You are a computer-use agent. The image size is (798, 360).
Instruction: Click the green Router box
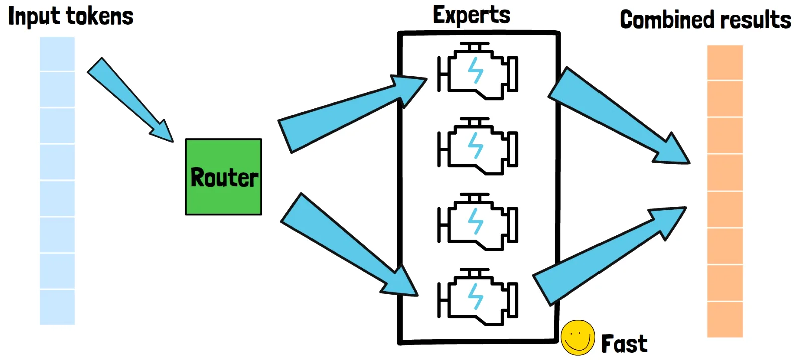click(224, 177)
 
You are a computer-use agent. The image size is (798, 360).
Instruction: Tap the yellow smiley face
click(577, 337)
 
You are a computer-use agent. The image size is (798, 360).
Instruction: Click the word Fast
click(624, 344)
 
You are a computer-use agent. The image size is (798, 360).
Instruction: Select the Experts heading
click(471, 15)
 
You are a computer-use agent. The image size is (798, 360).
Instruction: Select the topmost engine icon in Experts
click(478, 72)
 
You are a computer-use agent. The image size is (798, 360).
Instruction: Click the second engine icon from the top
click(478, 147)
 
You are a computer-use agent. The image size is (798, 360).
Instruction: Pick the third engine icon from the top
click(478, 222)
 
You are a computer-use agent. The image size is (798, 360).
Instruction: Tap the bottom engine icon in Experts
click(478, 297)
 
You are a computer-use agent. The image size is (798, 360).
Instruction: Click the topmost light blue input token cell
click(57, 54)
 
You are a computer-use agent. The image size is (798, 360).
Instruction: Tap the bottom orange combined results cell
click(725, 319)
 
